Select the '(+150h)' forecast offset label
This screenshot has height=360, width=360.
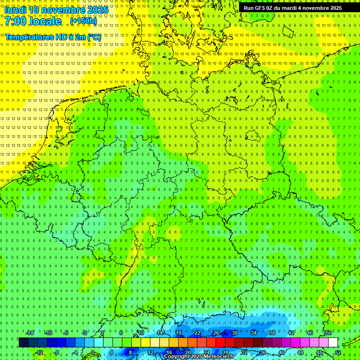pos(83,21)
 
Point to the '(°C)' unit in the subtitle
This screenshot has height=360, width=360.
pos(94,37)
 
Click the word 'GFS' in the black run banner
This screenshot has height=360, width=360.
pos(259,8)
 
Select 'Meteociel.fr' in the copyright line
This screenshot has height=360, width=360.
pos(218,357)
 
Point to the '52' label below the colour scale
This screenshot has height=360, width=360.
pos(338,352)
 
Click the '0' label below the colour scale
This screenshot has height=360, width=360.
pos(92,352)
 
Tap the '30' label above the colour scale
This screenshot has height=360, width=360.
pos(234,333)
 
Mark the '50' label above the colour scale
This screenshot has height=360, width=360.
pos(328,333)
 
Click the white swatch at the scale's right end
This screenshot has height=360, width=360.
pos(333,343)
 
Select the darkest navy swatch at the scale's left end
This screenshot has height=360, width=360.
pos(23,343)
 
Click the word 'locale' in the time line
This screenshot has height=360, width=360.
pos(46,21)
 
